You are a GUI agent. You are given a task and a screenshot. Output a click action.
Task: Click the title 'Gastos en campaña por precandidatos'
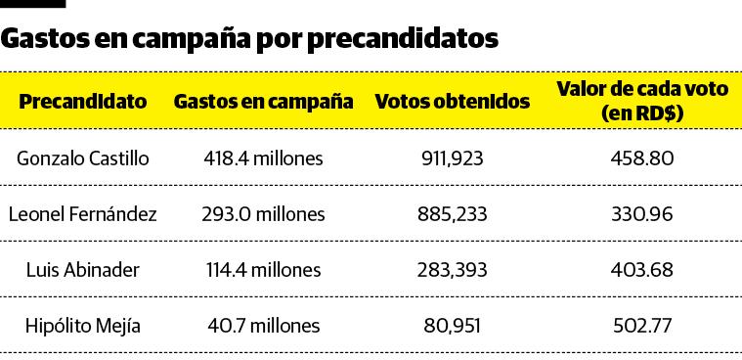pos(250,38)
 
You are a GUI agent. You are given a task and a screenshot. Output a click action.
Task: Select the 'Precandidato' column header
pos(83,102)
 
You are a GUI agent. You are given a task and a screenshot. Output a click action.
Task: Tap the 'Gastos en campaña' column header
pos(263,102)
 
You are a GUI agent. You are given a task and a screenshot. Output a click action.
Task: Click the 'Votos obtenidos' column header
pos(453,102)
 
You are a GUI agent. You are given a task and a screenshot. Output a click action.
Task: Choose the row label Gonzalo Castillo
pos(83,157)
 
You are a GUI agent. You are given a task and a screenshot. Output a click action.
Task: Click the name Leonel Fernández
pos(83,213)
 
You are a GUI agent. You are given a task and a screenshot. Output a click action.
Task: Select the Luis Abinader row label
pos(83,270)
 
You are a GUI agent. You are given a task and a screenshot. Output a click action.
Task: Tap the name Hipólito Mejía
pos(83,326)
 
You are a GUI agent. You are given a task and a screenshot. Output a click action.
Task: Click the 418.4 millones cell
pos(263,157)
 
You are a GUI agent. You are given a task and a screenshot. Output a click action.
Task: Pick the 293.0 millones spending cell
pos(263,213)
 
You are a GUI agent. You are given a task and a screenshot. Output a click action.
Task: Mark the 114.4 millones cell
pos(263,270)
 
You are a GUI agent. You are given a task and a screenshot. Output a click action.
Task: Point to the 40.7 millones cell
pos(263,326)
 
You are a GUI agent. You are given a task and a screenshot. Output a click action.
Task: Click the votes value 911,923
pos(453,157)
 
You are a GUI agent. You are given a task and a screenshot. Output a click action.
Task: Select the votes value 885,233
pos(453,213)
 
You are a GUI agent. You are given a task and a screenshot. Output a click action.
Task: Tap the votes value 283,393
pos(453,270)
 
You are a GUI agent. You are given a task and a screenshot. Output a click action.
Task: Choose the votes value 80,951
pos(453,326)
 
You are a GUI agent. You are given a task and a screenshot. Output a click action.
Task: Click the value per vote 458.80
pos(642,157)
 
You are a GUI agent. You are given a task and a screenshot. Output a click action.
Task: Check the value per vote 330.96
pos(642,213)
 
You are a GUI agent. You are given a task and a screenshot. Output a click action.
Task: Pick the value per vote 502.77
pos(642,326)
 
